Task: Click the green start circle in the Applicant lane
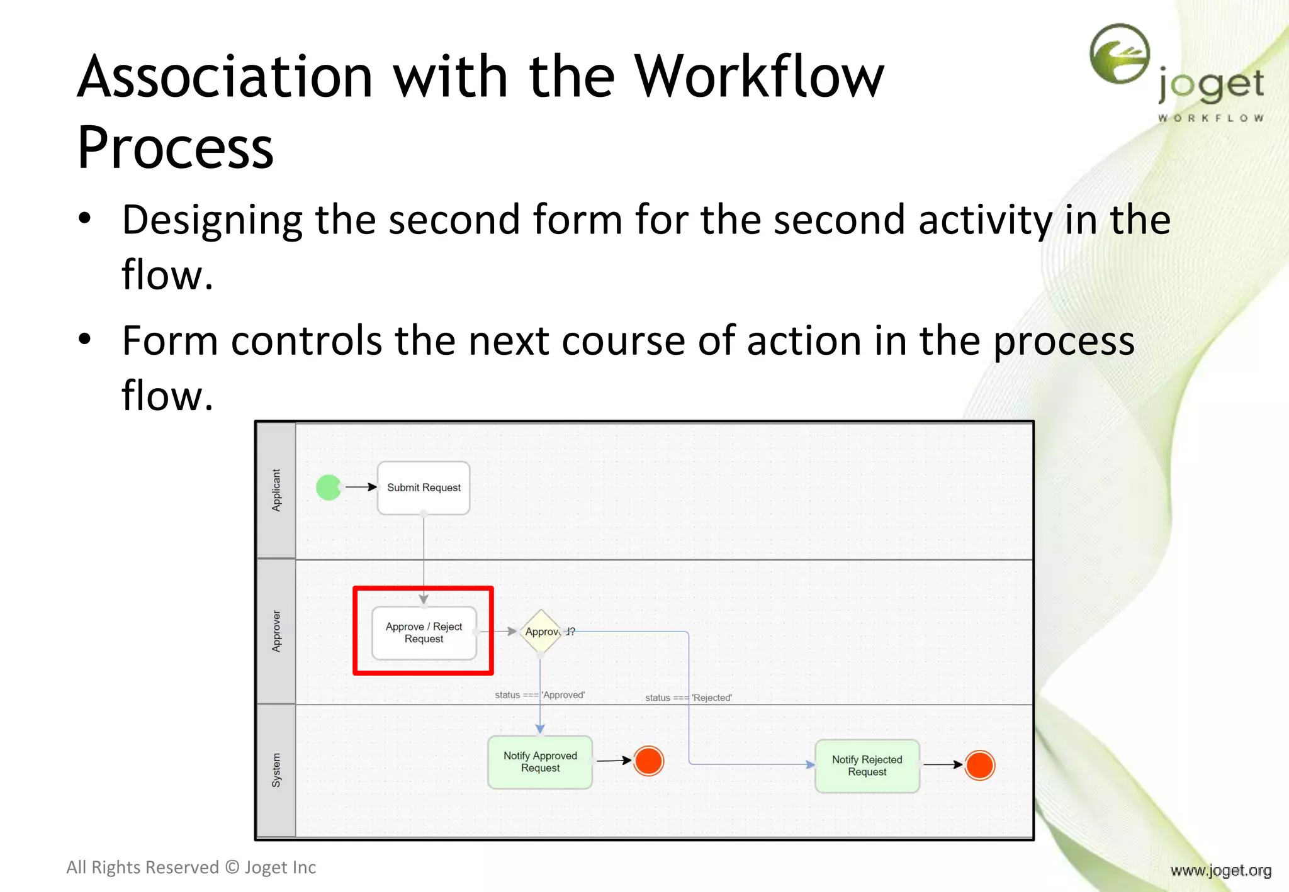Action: (x=329, y=488)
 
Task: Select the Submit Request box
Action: (x=424, y=488)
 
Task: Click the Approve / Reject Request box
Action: (x=424, y=633)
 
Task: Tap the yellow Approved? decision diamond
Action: (x=541, y=632)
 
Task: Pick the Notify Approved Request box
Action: (x=540, y=762)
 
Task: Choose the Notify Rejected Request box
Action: (x=867, y=766)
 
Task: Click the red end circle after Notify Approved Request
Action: (x=648, y=761)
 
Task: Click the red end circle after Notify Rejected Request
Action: (x=979, y=766)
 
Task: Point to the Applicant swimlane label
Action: (x=276, y=490)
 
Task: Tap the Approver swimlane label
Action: (x=276, y=631)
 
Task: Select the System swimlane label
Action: (x=276, y=770)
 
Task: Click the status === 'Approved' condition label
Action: (x=539, y=695)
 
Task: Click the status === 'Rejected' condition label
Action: (x=688, y=698)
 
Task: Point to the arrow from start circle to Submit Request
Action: (x=361, y=487)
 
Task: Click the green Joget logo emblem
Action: (x=1120, y=54)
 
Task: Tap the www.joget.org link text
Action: (x=1220, y=871)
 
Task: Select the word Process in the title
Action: (x=175, y=148)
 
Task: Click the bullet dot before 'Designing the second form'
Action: (x=85, y=219)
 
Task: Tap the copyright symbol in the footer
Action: (x=232, y=867)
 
